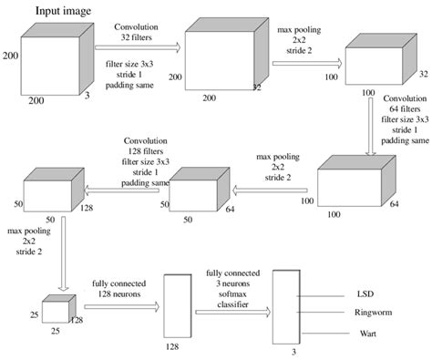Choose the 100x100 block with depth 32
point(363,61)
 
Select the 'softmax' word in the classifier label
point(231,291)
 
